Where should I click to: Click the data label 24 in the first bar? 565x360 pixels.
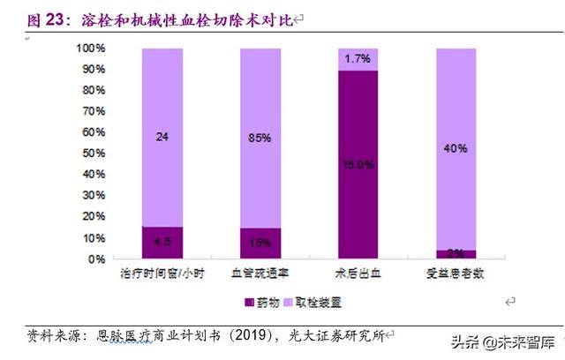pos(162,137)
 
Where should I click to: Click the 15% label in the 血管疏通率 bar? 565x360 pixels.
pos(260,244)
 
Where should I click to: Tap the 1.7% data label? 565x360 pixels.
pos(358,59)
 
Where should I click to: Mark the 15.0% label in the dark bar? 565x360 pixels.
pos(358,164)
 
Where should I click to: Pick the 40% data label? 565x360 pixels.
pos(457,148)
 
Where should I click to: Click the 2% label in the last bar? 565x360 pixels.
pos(457,254)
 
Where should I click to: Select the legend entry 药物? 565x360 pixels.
pos(266,301)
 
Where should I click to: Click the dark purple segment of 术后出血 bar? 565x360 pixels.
pos(358,203)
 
